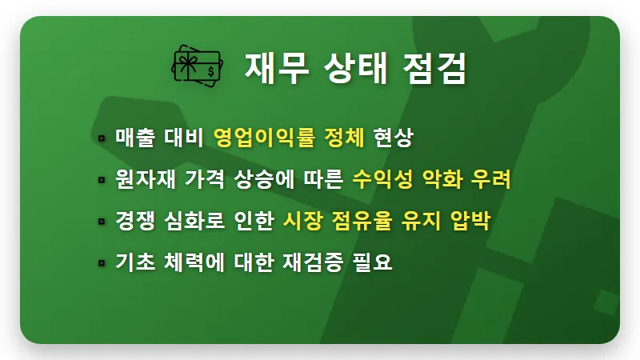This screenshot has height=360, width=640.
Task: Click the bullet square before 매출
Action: click(102, 138)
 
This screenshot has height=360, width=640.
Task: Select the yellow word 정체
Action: click(345, 138)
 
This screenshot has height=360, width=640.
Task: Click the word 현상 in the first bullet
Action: click(393, 138)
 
